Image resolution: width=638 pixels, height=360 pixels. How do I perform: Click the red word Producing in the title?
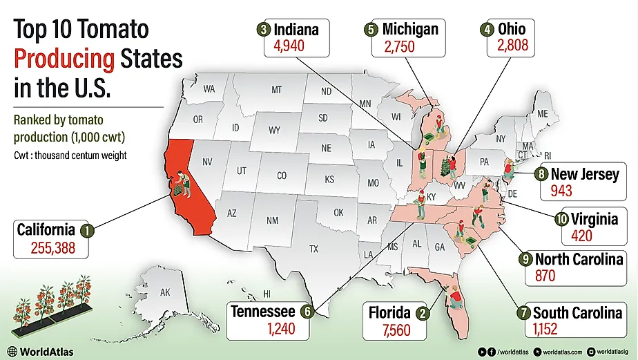click(x=64, y=59)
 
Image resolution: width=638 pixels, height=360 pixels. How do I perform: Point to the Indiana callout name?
click(x=296, y=30)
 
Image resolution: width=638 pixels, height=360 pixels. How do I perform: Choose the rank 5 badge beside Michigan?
click(x=371, y=30)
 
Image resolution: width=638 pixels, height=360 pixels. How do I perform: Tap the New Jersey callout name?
click(x=585, y=173)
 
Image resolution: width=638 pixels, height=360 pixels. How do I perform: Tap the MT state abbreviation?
click(x=276, y=91)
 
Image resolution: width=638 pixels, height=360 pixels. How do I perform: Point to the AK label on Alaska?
click(x=165, y=293)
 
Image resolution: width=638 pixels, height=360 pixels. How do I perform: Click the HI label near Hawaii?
click(x=267, y=294)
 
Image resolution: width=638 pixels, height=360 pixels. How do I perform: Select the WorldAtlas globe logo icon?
click(x=12, y=352)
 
